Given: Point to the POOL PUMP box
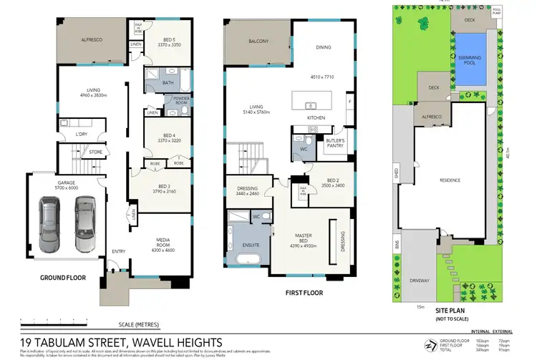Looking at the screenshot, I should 497,11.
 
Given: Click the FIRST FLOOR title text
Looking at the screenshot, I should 306,292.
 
